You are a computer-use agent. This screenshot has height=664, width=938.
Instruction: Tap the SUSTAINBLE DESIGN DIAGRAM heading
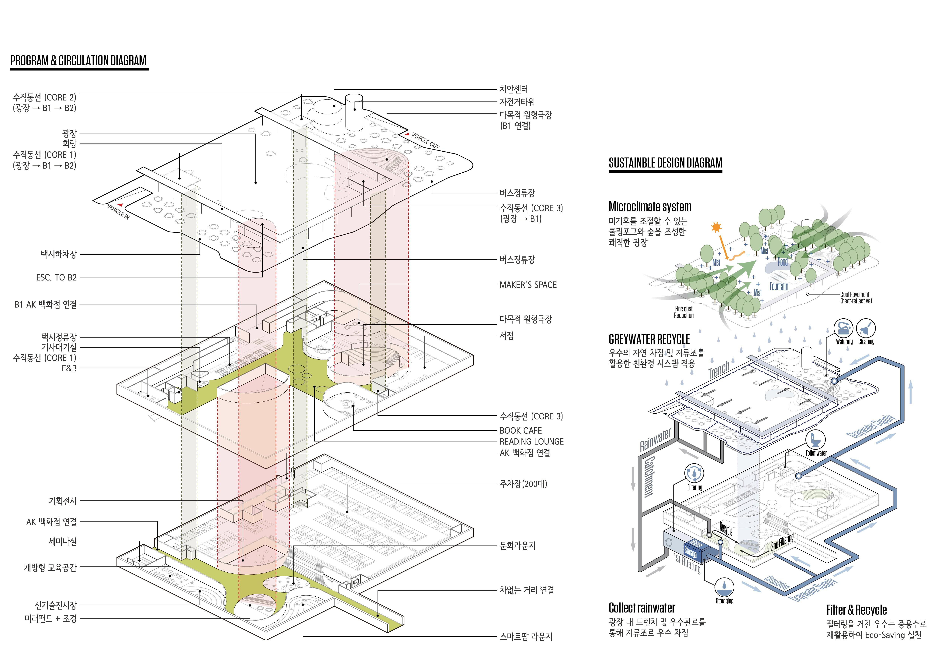[x=665, y=163]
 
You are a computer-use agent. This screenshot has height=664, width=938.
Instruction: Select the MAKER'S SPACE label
[x=528, y=285]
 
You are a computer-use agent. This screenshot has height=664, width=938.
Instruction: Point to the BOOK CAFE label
[x=521, y=431]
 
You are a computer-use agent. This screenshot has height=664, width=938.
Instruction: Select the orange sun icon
[x=716, y=227]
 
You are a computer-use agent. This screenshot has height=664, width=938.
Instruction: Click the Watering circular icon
[x=843, y=329]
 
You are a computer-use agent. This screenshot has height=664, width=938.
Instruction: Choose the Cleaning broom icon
[x=866, y=329]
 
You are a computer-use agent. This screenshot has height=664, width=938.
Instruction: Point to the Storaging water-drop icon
[x=724, y=587]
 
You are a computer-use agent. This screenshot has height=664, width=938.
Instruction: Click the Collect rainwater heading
[x=641, y=608]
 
